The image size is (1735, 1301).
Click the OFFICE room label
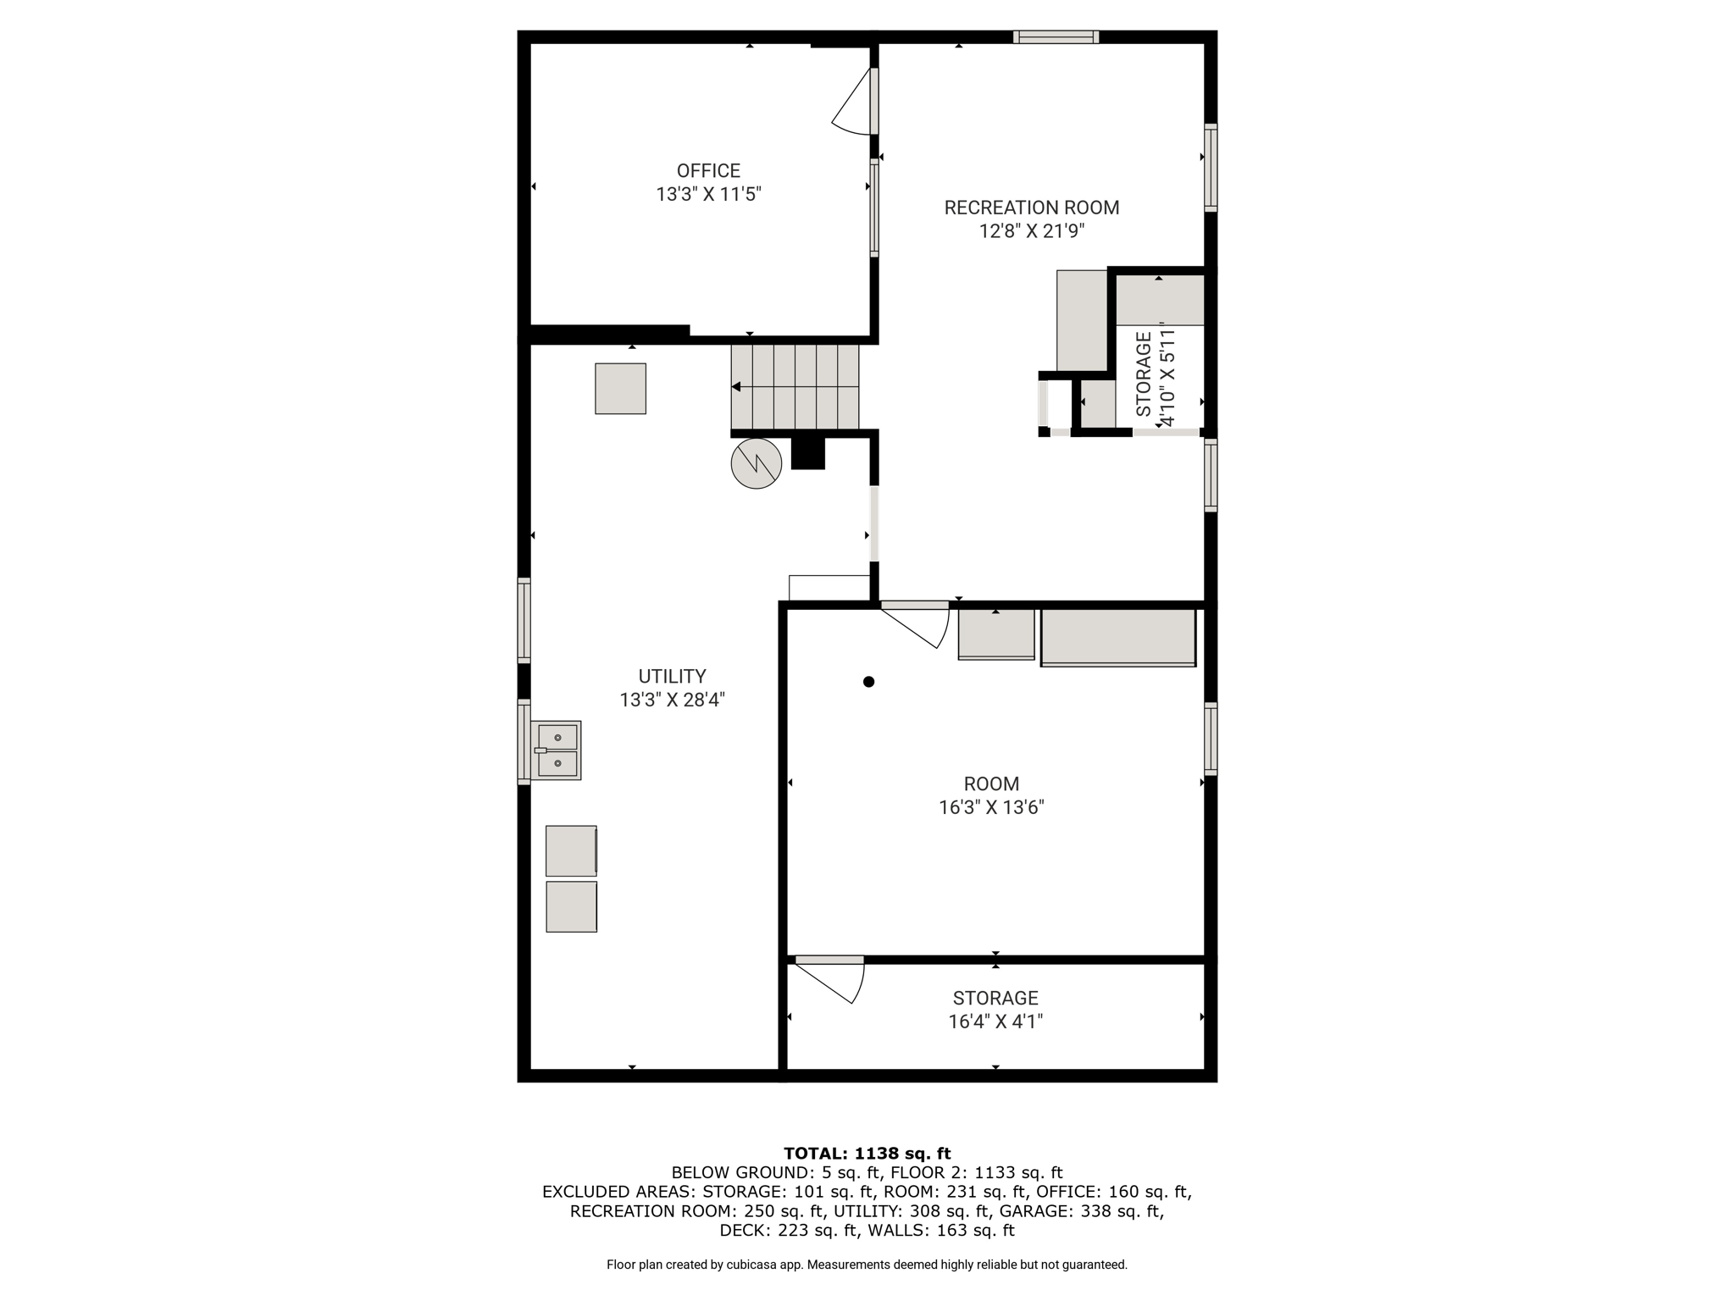(708, 170)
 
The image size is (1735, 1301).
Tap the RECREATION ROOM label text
(1032, 208)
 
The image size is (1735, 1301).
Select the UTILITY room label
(672, 676)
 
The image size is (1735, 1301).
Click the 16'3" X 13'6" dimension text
(991, 807)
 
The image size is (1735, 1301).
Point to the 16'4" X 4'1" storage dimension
(995, 1021)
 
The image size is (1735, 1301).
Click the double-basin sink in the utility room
(556, 750)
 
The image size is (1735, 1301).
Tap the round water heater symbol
(756, 463)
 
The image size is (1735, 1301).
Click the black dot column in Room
(868, 682)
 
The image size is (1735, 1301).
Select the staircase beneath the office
(795, 386)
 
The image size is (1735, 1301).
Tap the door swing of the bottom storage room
(839, 983)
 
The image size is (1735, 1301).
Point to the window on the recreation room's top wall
(1056, 36)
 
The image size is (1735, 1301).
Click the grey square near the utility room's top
(620, 389)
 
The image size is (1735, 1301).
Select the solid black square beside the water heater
(808, 453)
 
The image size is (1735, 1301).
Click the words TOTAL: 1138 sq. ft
(867, 1153)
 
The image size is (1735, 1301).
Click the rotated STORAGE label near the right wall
(1144, 374)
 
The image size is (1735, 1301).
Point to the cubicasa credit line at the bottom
(867, 1265)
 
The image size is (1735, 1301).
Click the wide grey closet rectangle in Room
(1118, 638)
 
